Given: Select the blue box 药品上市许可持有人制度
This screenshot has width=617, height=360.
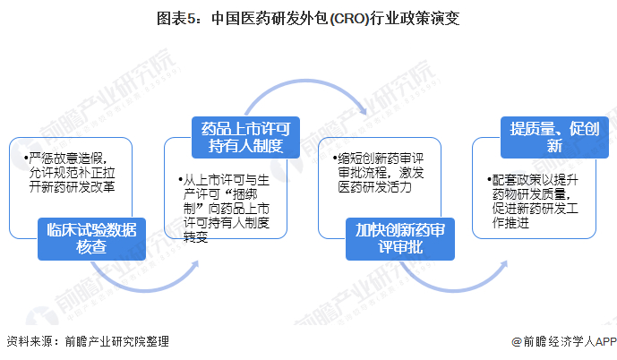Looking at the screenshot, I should tap(243, 135).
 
